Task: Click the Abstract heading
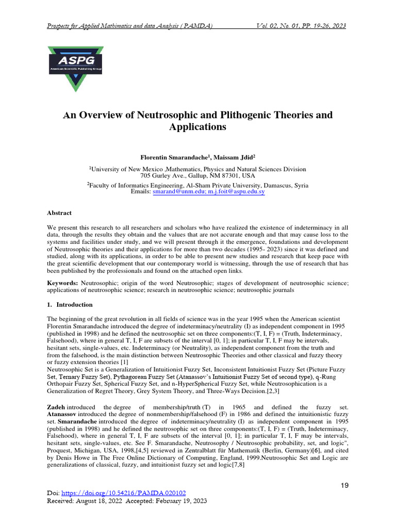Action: click(59, 213)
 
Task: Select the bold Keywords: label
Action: click(63, 283)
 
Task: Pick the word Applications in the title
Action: click(197, 127)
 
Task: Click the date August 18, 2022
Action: click(102, 501)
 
